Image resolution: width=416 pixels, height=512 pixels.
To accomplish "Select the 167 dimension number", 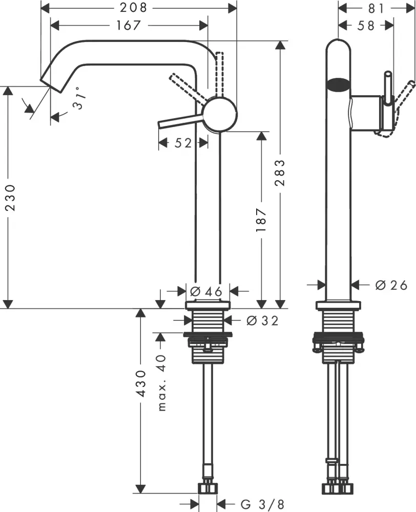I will [129, 25].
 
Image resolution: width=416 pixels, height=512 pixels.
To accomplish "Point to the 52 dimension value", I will [183, 143].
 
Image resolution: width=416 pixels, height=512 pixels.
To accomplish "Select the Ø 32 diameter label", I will [262, 321].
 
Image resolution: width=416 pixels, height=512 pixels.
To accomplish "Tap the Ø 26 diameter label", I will [391, 285].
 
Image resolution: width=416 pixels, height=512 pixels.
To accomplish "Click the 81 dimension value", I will [376, 8].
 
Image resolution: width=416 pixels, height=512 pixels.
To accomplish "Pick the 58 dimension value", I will [366, 25].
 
